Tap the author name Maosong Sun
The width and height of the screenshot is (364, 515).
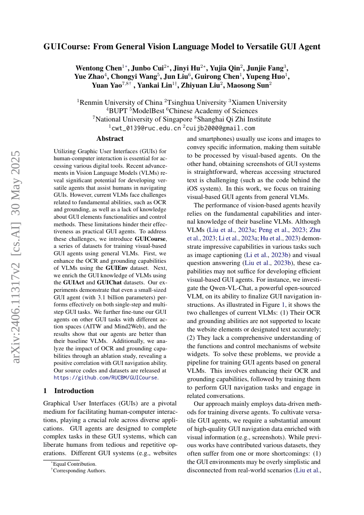[x=250, y=85]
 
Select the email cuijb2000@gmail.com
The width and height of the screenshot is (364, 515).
[x=221, y=128]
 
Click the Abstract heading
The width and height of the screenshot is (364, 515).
[x=110, y=139]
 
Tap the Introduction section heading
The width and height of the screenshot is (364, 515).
[x=74, y=391]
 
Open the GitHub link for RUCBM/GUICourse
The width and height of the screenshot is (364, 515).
[x=106, y=378]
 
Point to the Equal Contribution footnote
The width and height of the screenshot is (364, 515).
[x=75, y=463]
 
